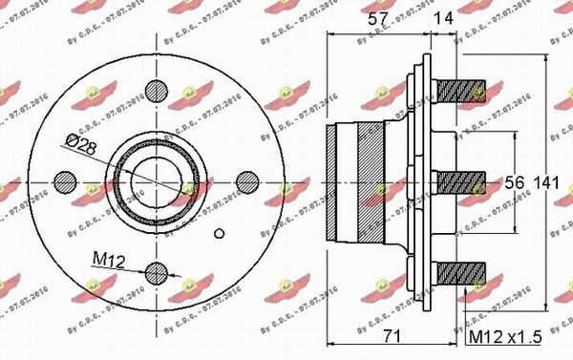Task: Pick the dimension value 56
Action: (513, 180)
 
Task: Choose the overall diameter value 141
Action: (545, 180)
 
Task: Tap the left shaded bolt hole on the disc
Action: (67, 180)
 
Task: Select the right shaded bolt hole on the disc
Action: (246, 180)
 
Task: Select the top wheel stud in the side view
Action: (464, 92)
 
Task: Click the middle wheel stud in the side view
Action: (464, 180)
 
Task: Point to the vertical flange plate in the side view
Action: (413, 180)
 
